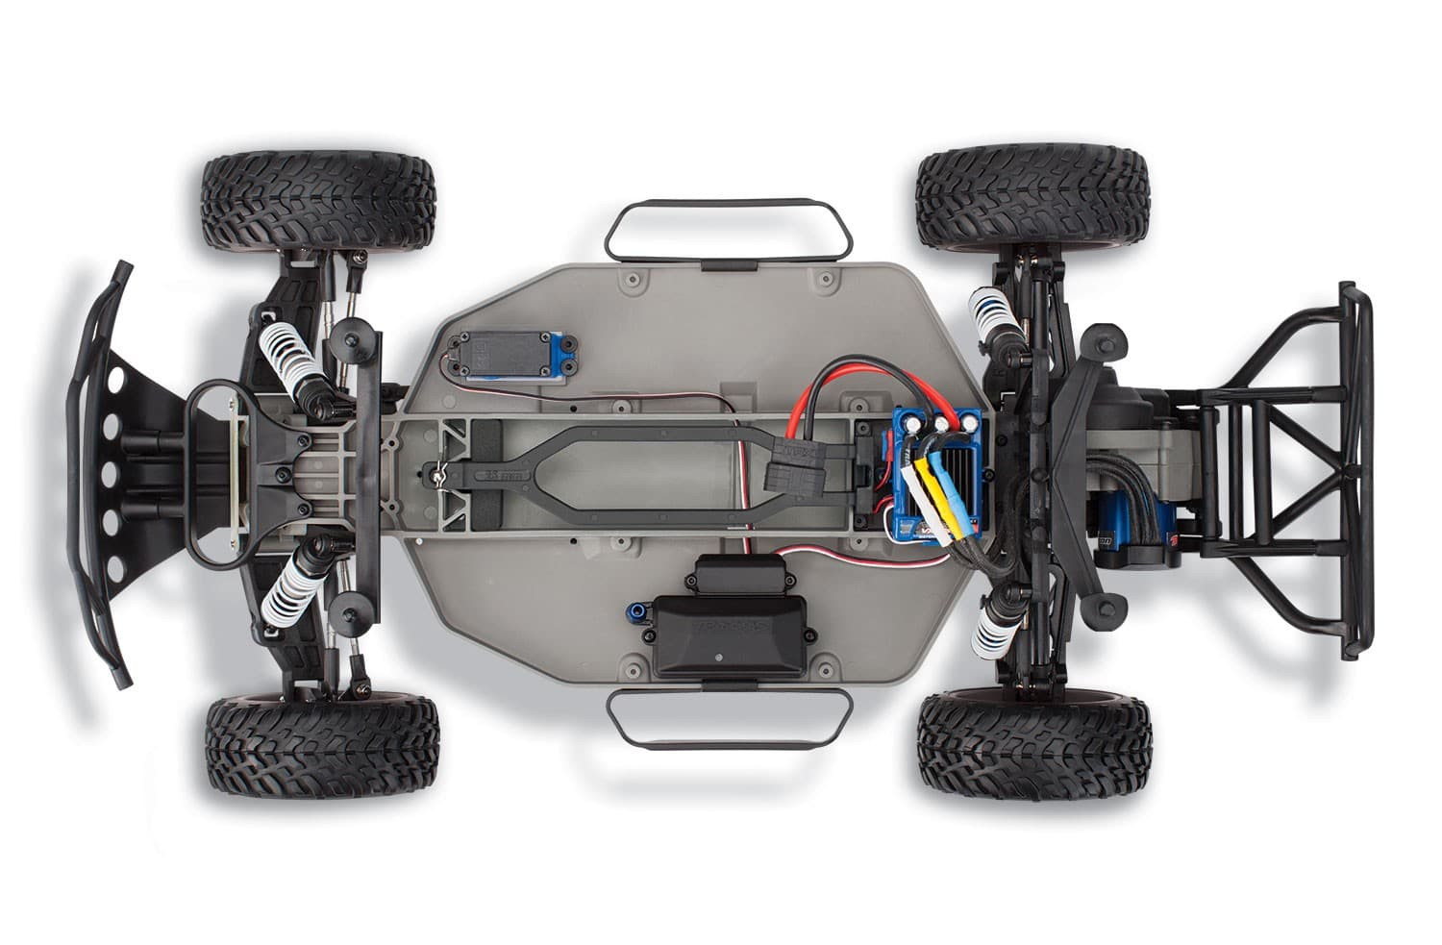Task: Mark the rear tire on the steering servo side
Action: pos(1032,198)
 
